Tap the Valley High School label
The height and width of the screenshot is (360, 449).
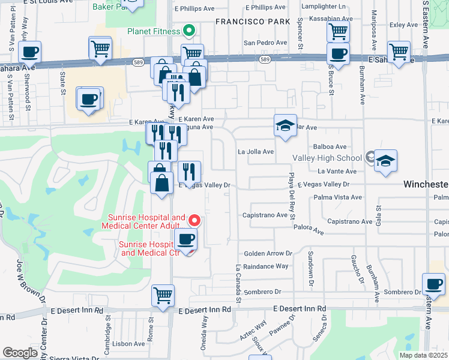[x=327, y=158]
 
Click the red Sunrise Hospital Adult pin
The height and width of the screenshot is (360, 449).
[x=193, y=220]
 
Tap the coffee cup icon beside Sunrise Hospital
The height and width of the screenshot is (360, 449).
[x=185, y=240]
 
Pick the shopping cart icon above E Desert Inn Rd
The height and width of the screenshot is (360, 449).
[x=163, y=295]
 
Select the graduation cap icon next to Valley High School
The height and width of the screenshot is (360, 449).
[x=386, y=161]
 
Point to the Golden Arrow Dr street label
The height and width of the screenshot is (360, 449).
[x=268, y=254]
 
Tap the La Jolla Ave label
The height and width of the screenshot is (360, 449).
[x=256, y=152]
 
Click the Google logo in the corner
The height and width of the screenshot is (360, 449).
[x=20, y=353]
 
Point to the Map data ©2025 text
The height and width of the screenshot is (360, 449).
[x=423, y=355]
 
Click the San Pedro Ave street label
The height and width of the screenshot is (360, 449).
[x=265, y=43]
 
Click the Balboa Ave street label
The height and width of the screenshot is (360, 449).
[x=330, y=146]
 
